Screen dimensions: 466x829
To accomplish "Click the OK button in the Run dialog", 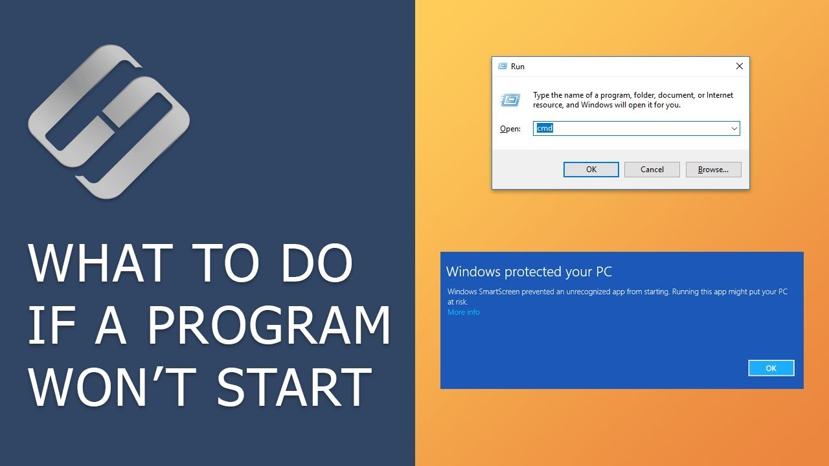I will [591, 170].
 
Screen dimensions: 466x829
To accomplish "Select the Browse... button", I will [713, 170].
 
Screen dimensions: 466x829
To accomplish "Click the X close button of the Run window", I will [740, 66].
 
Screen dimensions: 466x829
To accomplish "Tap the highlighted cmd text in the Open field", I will [545, 128].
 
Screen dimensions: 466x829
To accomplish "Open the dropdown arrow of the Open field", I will [734, 128].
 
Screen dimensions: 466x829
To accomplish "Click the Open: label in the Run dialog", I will [510, 129].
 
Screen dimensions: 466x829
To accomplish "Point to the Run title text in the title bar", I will [517, 67].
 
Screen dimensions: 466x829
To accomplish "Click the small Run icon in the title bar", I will [503, 66].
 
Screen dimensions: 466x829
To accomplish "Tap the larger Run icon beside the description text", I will [510, 100].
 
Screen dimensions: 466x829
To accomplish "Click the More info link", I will [464, 313].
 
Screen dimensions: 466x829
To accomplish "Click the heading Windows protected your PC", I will [529, 272].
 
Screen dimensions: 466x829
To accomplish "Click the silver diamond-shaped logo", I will [108, 121].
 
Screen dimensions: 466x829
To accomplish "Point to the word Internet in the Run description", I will [720, 95].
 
